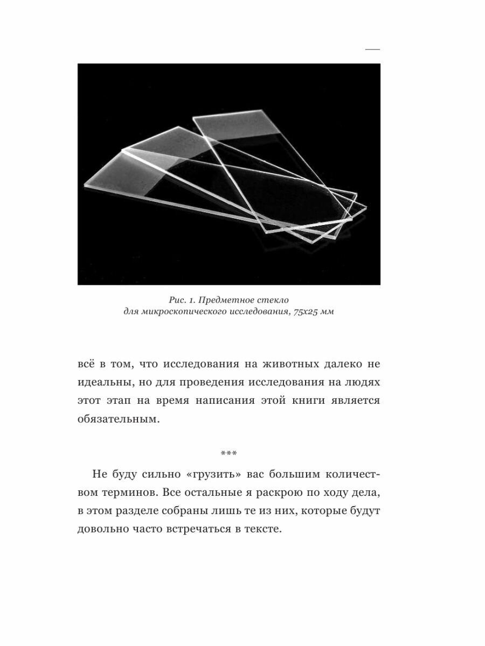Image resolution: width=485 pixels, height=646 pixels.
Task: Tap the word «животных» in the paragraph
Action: pyautogui.click(x=280, y=364)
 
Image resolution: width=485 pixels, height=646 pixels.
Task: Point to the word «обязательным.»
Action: pyautogui.click(x=119, y=419)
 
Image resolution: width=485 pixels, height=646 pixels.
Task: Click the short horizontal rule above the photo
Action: pyautogui.click(x=372, y=50)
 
